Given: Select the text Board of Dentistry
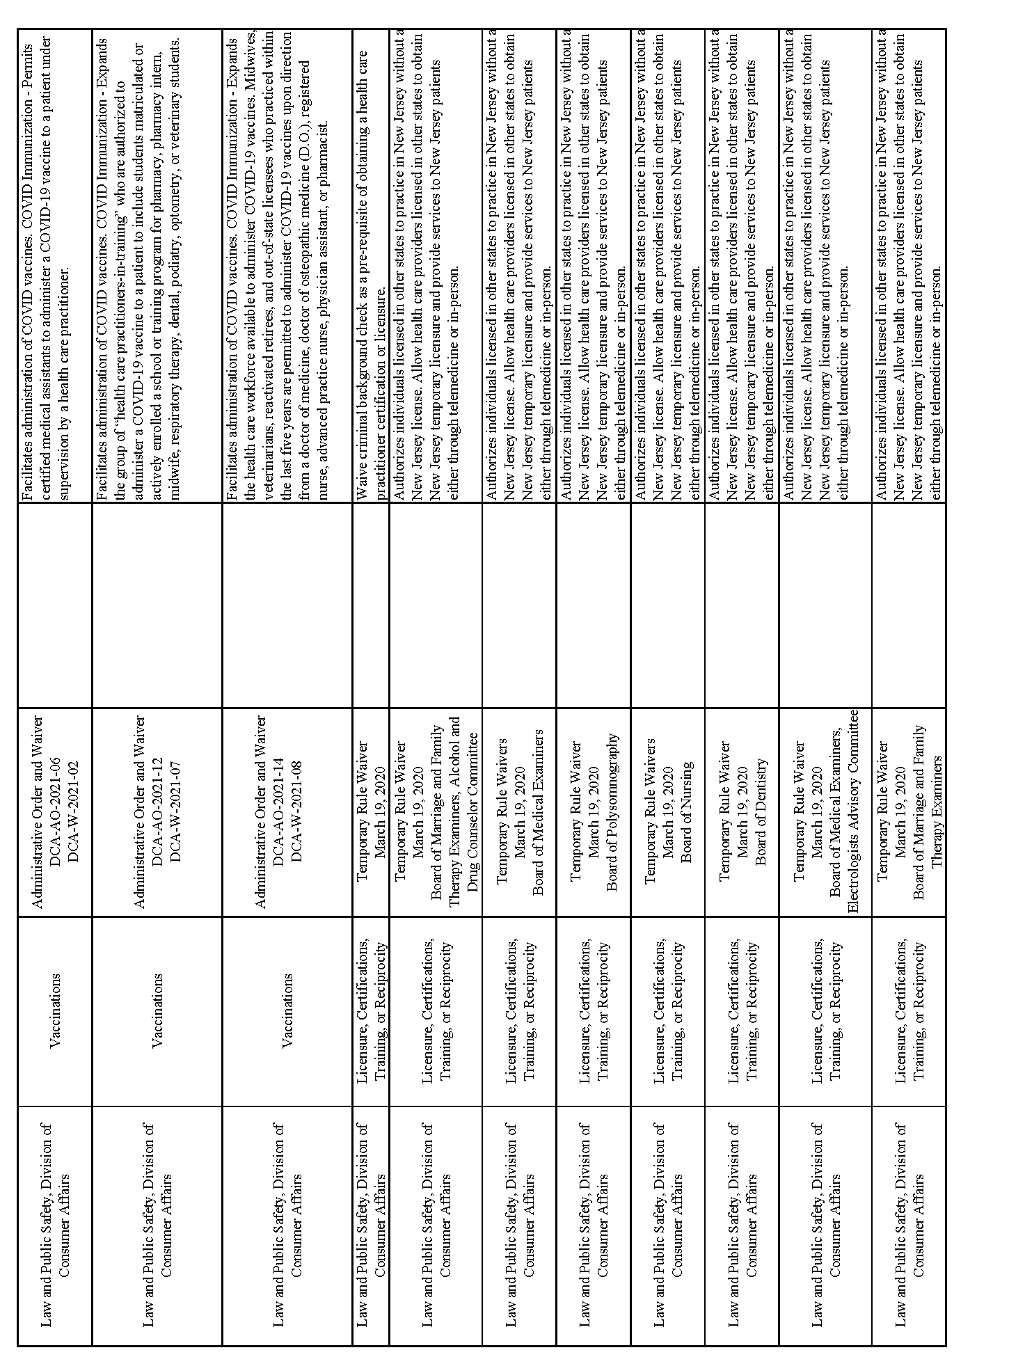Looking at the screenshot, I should (761, 811).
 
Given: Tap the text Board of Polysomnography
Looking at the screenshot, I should (613, 811).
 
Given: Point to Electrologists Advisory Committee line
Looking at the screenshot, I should (854, 811).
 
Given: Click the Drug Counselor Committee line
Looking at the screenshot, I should (474, 812).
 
